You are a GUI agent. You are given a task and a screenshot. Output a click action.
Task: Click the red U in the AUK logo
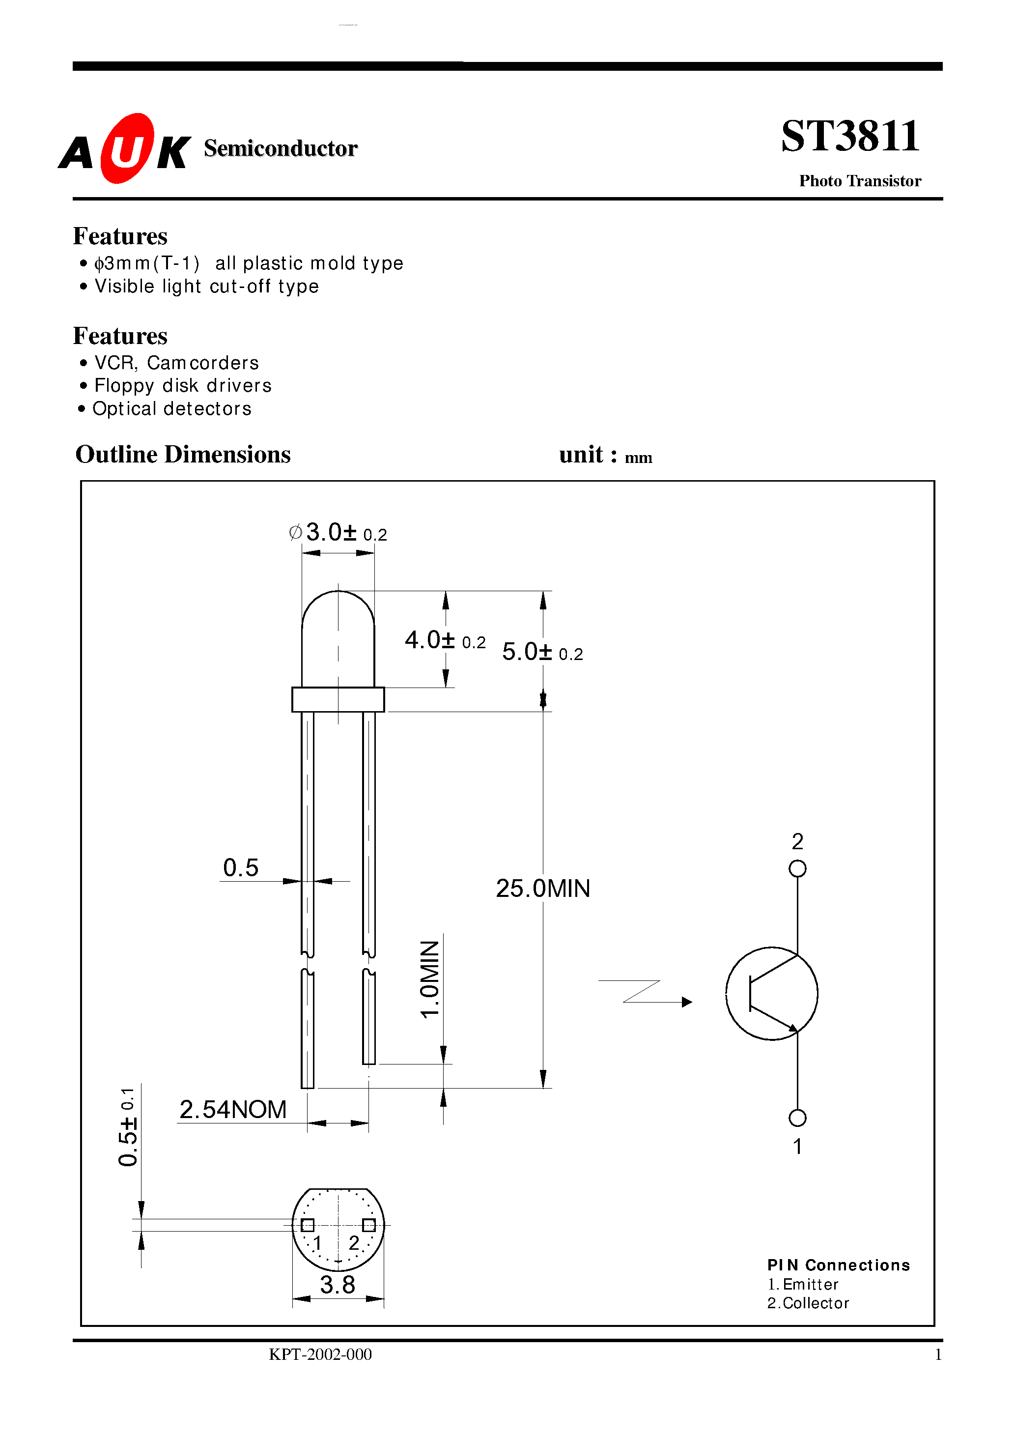click(127, 149)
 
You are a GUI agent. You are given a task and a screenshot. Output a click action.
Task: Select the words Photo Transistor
click(859, 181)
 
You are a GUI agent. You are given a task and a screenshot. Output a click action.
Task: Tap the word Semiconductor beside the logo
click(281, 148)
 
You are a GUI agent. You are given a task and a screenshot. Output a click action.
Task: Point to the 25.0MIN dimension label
click(542, 888)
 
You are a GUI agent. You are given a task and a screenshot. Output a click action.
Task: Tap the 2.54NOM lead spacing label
click(233, 1109)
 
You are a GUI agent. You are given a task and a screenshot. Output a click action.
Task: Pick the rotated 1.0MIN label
click(430, 979)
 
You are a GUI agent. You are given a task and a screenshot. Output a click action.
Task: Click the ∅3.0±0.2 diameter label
click(338, 533)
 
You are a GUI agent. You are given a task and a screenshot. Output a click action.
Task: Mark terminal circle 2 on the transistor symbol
click(797, 869)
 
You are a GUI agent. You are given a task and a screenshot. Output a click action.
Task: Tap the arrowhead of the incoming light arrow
click(687, 1002)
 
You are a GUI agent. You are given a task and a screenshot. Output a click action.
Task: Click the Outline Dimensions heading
click(183, 455)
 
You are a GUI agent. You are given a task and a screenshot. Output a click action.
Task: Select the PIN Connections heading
click(838, 1265)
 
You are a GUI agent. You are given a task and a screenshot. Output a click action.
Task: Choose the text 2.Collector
click(808, 1302)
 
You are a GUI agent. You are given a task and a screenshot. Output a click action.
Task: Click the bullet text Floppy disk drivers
click(183, 385)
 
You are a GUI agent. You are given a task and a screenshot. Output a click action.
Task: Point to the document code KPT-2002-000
click(320, 1354)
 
